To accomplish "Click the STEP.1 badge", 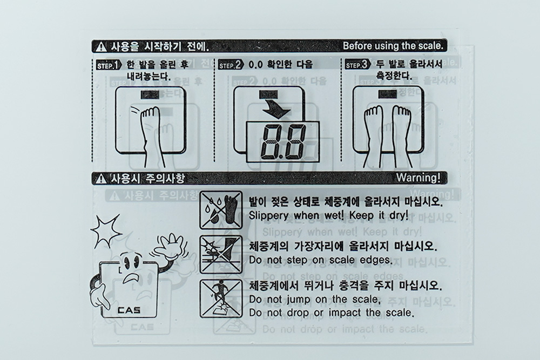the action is point(109,65).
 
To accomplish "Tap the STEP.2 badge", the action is point(231,65).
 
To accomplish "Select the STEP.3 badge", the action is point(358,65).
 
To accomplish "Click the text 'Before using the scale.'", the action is point(393,46).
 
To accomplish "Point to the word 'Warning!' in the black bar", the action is point(418,178).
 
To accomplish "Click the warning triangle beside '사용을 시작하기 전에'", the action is point(102,47).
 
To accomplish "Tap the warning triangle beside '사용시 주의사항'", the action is point(102,178).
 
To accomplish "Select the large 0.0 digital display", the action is point(283,142).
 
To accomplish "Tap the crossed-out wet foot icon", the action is point(221,210).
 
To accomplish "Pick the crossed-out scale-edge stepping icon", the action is point(221,255).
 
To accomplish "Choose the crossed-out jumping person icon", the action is point(221,298).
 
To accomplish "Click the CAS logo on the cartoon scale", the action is point(129,310).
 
